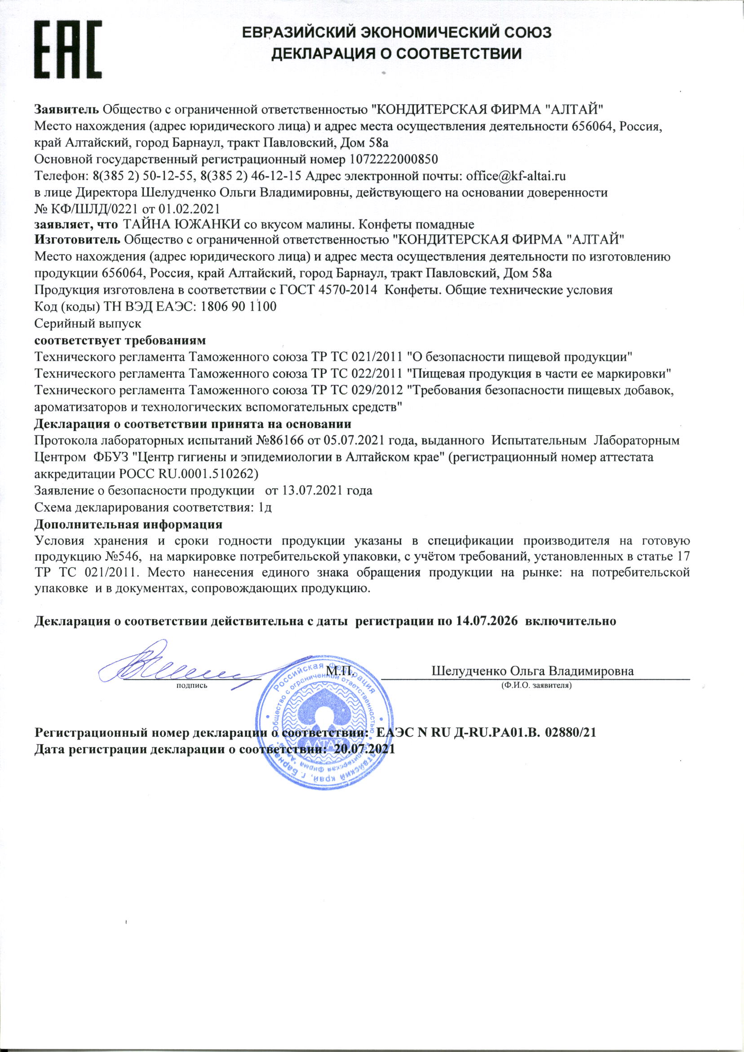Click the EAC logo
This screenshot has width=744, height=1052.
[68, 49]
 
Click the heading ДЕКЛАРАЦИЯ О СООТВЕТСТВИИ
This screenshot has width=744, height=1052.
[396, 54]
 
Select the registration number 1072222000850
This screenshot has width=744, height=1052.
[394, 159]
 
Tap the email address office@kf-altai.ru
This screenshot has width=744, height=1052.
[516, 176]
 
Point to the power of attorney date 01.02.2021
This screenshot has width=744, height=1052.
[189, 209]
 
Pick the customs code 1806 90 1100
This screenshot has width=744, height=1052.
[239, 306]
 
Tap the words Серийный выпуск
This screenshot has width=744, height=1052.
[88, 323]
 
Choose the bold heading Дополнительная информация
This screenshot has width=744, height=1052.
[129, 524]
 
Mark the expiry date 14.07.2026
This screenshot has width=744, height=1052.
[487, 621]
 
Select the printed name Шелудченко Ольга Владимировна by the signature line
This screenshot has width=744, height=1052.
[532, 671]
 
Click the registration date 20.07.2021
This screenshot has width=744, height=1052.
[365, 749]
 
